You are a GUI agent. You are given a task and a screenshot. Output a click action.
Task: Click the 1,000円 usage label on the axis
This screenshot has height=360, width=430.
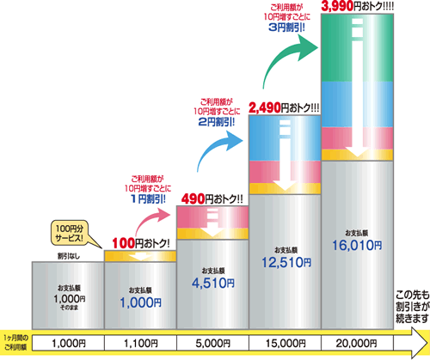[69, 343]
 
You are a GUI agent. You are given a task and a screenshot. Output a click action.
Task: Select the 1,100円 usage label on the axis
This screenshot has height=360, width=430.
[140, 343]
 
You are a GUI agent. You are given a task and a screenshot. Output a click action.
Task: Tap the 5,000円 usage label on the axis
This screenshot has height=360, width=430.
[212, 343]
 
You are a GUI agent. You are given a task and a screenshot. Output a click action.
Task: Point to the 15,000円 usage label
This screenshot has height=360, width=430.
[286, 343]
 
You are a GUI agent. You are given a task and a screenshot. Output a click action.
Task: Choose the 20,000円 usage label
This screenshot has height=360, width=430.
[357, 343]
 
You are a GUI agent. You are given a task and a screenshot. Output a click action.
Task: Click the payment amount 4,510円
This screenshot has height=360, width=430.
[213, 284]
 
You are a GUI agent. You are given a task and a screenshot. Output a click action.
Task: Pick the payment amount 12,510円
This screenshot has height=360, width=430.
[286, 263]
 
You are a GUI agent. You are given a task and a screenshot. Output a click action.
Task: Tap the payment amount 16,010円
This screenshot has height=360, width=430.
[357, 246]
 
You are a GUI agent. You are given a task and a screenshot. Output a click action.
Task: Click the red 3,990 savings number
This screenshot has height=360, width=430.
[337, 6]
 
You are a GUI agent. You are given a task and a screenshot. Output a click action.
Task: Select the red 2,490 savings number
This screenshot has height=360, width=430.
[265, 108]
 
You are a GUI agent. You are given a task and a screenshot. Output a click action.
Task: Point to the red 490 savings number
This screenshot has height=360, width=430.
[193, 199]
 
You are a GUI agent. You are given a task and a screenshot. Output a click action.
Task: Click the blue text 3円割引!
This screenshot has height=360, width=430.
[286, 27]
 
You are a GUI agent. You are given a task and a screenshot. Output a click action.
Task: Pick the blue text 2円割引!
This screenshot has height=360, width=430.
[217, 122]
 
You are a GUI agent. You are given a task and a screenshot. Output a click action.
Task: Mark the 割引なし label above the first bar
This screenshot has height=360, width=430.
[69, 256]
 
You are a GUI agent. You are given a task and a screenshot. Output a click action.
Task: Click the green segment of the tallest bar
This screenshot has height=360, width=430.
[357, 47]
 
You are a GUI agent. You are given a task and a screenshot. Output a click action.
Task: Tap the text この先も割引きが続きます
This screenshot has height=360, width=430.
[413, 307]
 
